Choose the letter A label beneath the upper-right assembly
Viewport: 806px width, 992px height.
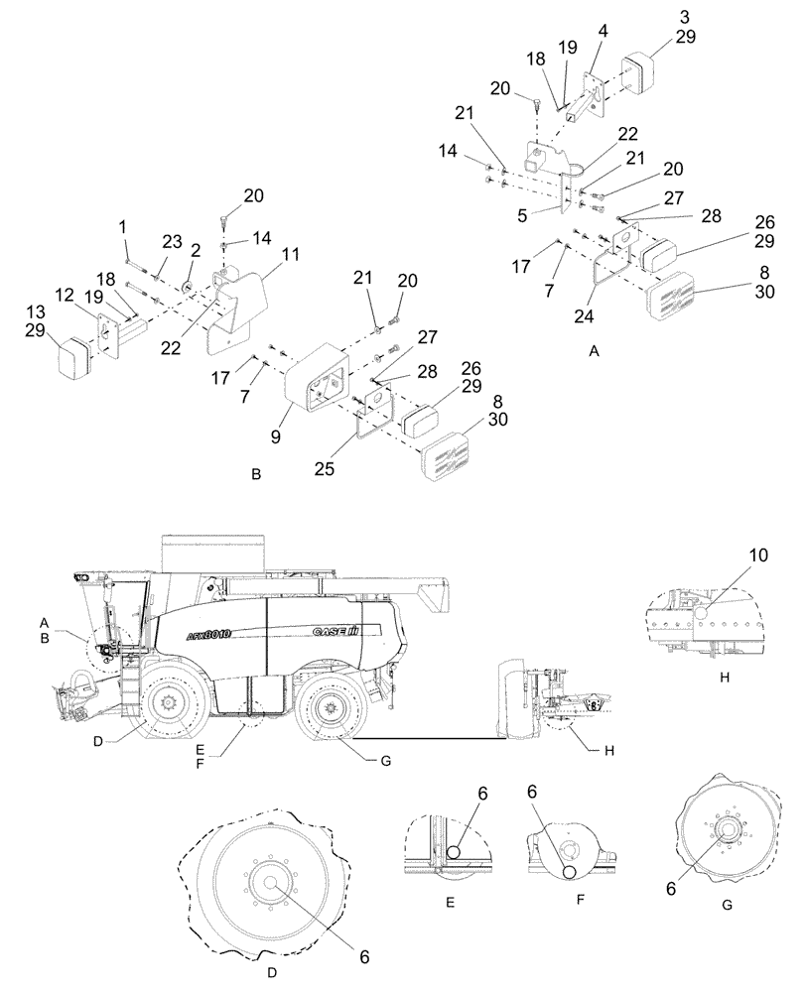tap(593, 352)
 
